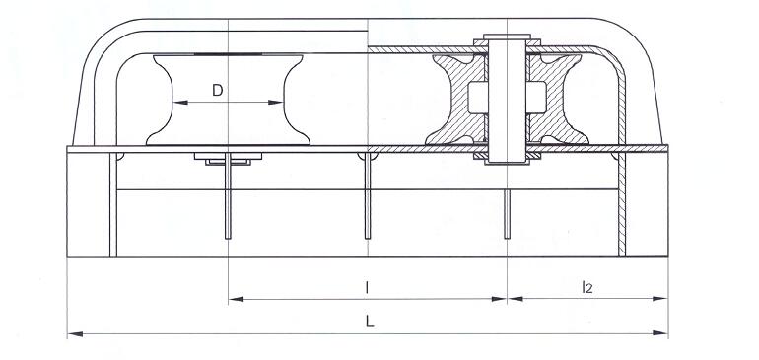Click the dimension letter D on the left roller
pyautogui.click(x=218, y=90)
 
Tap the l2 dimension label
pyautogui.click(x=586, y=287)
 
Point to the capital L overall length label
pyautogui.click(x=367, y=323)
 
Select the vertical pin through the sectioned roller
pyautogui.click(x=507, y=99)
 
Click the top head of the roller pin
pyautogui.click(x=507, y=40)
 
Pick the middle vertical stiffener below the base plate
pyautogui.click(x=368, y=197)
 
